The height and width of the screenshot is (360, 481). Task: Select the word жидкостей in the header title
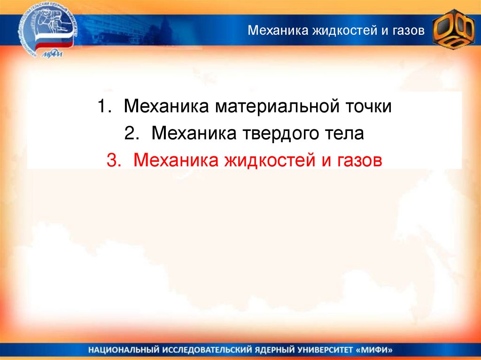tap(345, 31)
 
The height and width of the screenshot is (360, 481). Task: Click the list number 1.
tap(104, 106)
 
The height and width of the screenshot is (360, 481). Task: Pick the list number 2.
tap(132, 133)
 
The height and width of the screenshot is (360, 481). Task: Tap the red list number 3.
tap(114, 160)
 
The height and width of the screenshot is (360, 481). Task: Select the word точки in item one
tap(369, 107)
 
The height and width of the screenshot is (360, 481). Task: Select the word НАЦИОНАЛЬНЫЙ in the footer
tap(124, 350)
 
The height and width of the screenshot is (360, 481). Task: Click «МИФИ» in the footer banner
tap(375, 350)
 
